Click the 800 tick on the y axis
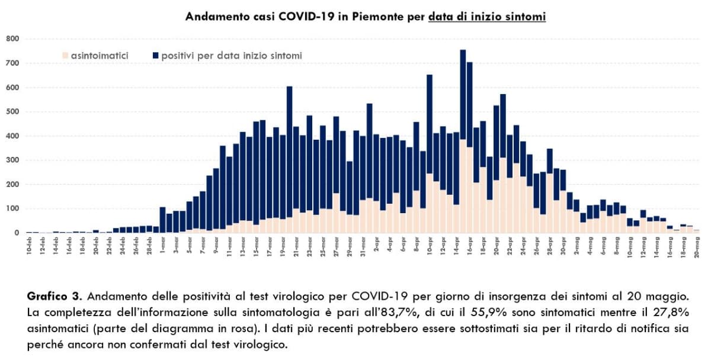pyautogui.click(x=13, y=39)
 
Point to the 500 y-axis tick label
pyautogui.click(x=13, y=112)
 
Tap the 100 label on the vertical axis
pyautogui.click(x=13, y=208)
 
